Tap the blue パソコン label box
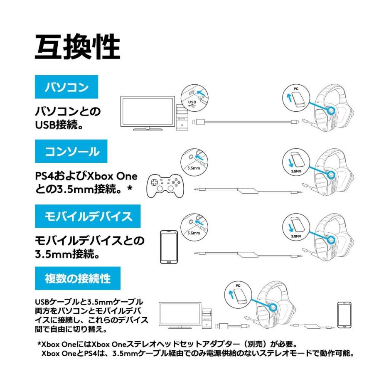pyautogui.click(x=66, y=87)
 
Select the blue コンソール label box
pyautogui.click(x=71, y=151)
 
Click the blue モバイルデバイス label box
pyautogui.click(x=88, y=216)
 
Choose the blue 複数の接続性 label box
pyautogui.click(x=78, y=278)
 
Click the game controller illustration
pyautogui.click(x=165, y=186)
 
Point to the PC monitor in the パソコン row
pyautogui.click(x=148, y=113)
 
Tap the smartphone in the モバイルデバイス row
pyautogui.click(x=169, y=247)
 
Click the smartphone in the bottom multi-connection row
pyautogui.click(x=344, y=315)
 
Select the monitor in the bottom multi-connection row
pyautogui.click(x=180, y=315)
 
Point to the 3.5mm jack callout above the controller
pyautogui.click(x=194, y=162)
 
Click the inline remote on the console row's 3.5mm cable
pyautogui.click(x=248, y=191)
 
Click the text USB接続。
pyautogui.click(x=59, y=125)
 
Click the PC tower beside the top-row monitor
pyautogui.click(x=182, y=117)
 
